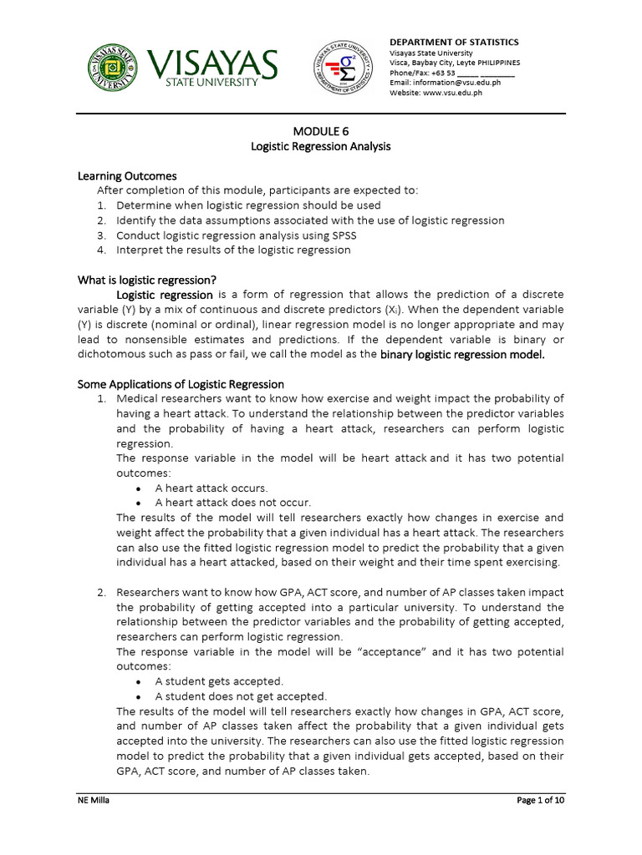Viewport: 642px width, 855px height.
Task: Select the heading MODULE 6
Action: coord(321,131)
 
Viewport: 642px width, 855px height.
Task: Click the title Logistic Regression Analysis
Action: coord(321,146)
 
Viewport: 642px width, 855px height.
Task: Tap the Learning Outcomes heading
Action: coord(127,176)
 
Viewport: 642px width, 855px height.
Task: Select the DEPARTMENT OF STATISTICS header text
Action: coord(454,42)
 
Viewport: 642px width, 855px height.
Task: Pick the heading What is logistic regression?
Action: coord(152,280)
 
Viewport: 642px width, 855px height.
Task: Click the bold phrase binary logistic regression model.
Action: coord(462,355)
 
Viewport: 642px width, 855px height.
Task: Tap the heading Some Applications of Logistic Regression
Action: coord(181,384)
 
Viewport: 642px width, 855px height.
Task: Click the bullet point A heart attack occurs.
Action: coord(211,488)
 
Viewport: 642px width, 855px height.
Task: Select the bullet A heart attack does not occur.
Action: coord(232,503)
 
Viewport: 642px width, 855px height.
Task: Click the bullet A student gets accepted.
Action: coord(219,681)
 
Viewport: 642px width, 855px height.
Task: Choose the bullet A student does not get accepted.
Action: coord(241,696)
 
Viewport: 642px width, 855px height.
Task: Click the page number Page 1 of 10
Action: coord(540,801)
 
